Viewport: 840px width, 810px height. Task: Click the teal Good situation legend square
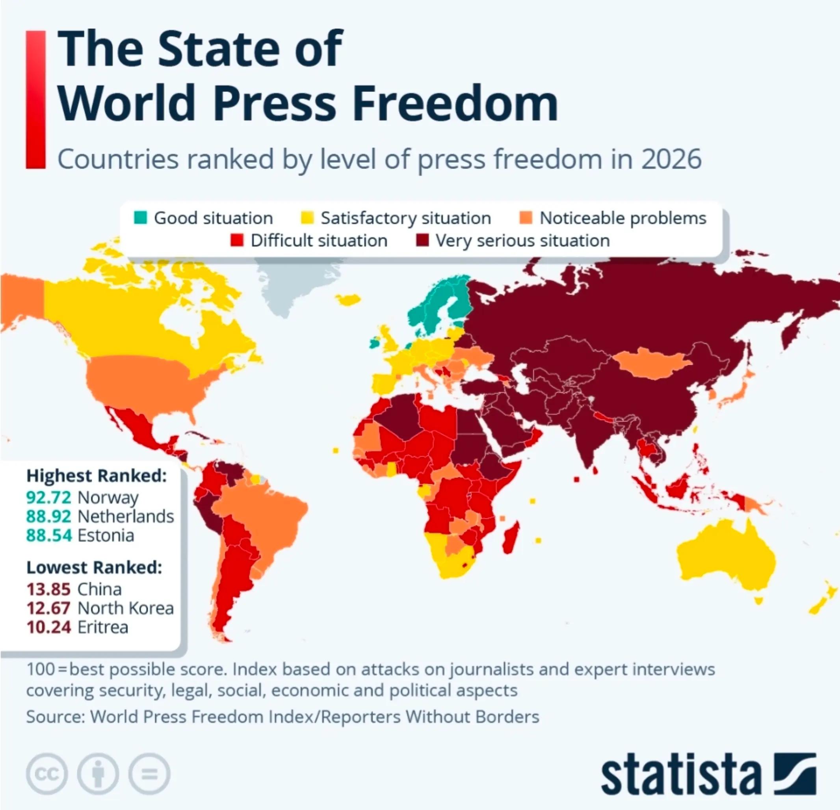pos(140,218)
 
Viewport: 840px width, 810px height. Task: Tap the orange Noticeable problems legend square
pos(526,218)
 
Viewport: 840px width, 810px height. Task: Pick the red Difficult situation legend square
pos(237,240)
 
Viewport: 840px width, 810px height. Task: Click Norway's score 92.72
pos(48,498)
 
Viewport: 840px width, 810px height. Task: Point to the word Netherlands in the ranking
pos(126,516)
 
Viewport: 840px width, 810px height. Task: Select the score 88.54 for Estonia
pos(49,535)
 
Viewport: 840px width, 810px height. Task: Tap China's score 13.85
pos(48,589)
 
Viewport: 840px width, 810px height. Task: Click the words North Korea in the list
pos(126,608)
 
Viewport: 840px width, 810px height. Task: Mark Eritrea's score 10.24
pos(48,627)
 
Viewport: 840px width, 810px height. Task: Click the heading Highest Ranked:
pos(97,476)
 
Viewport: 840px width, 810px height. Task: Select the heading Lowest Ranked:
pos(94,567)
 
